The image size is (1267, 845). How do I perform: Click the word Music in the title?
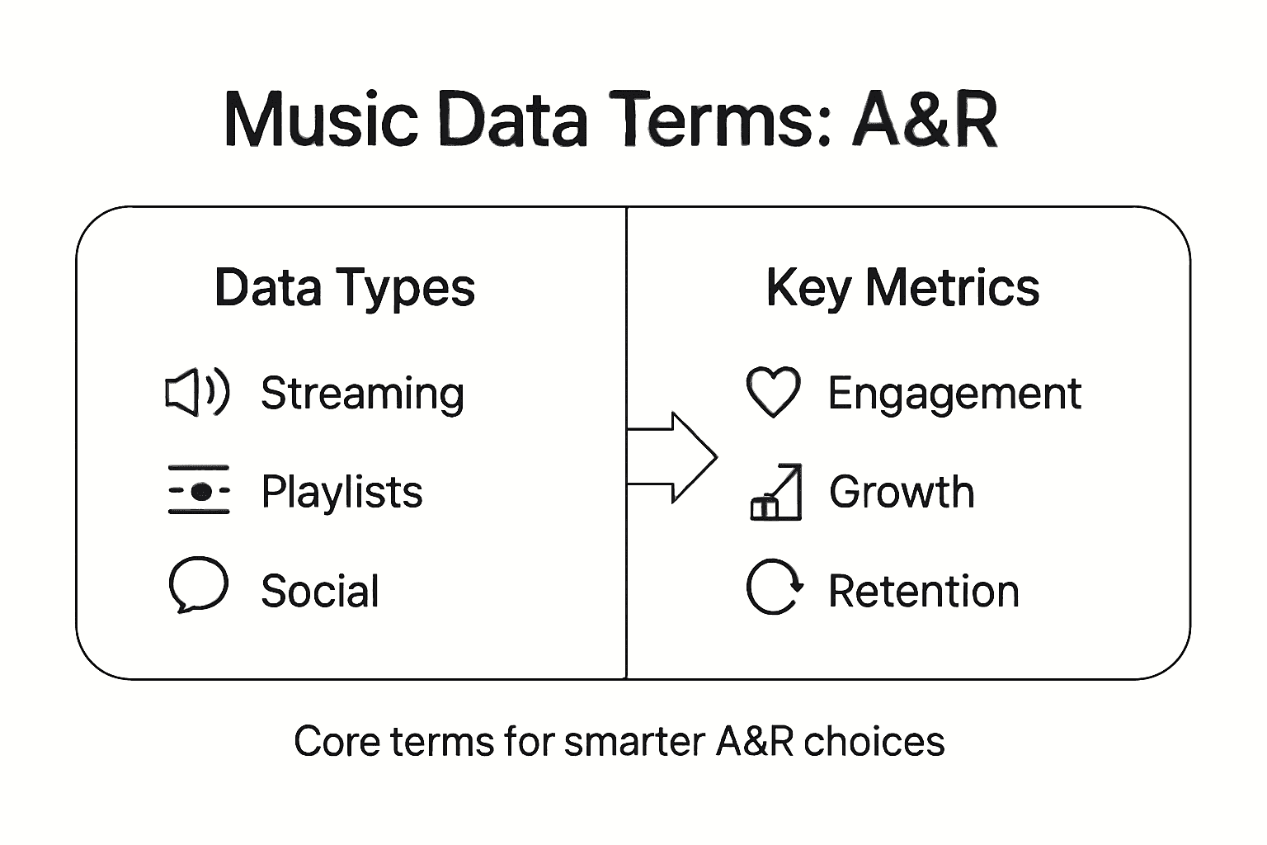tap(321, 120)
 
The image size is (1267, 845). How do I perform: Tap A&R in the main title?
tap(926, 120)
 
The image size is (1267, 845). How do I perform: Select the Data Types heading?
tap(345, 288)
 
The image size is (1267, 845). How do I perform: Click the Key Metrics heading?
tap(902, 288)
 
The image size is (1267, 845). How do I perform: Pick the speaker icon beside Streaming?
tap(197, 392)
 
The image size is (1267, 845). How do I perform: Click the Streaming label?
tap(362, 394)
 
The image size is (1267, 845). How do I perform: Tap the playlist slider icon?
tap(199, 491)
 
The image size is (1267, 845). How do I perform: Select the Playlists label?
tap(341, 492)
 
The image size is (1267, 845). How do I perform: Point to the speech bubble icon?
tap(198, 585)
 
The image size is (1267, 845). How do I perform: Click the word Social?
tap(320, 591)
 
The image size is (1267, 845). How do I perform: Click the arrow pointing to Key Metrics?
tap(672, 456)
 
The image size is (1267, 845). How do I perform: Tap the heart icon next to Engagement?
tap(773, 391)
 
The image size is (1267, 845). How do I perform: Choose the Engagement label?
tap(954, 394)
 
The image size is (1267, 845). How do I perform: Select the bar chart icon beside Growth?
tap(775, 492)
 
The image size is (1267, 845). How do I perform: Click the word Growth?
tap(902, 492)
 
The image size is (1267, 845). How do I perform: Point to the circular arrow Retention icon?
tap(774, 588)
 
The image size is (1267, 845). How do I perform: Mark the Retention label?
tap(924, 591)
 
